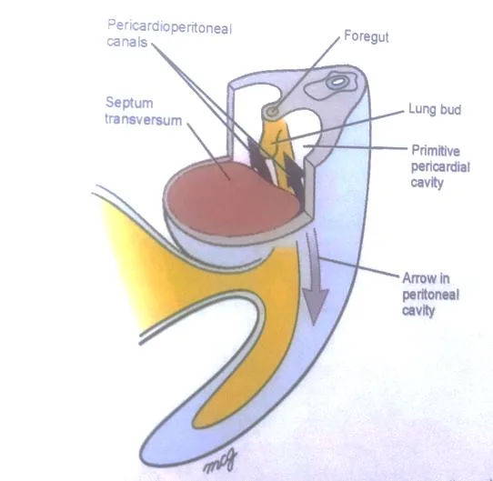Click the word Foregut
click(x=367, y=37)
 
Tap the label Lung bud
click(x=435, y=109)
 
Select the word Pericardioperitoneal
click(x=169, y=26)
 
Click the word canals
click(x=127, y=42)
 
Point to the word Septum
click(x=129, y=103)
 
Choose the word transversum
click(x=144, y=120)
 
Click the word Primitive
click(x=436, y=151)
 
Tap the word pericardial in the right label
click(x=440, y=167)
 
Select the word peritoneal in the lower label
click(x=431, y=295)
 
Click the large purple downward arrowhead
click(x=315, y=306)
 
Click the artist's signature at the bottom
click(x=220, y=462)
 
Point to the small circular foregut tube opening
click(x=273, y=110)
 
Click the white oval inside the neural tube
click(x=337, y=82)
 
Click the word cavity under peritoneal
click(x=418, y=311)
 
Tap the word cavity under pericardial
click(x=427, y=183)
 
